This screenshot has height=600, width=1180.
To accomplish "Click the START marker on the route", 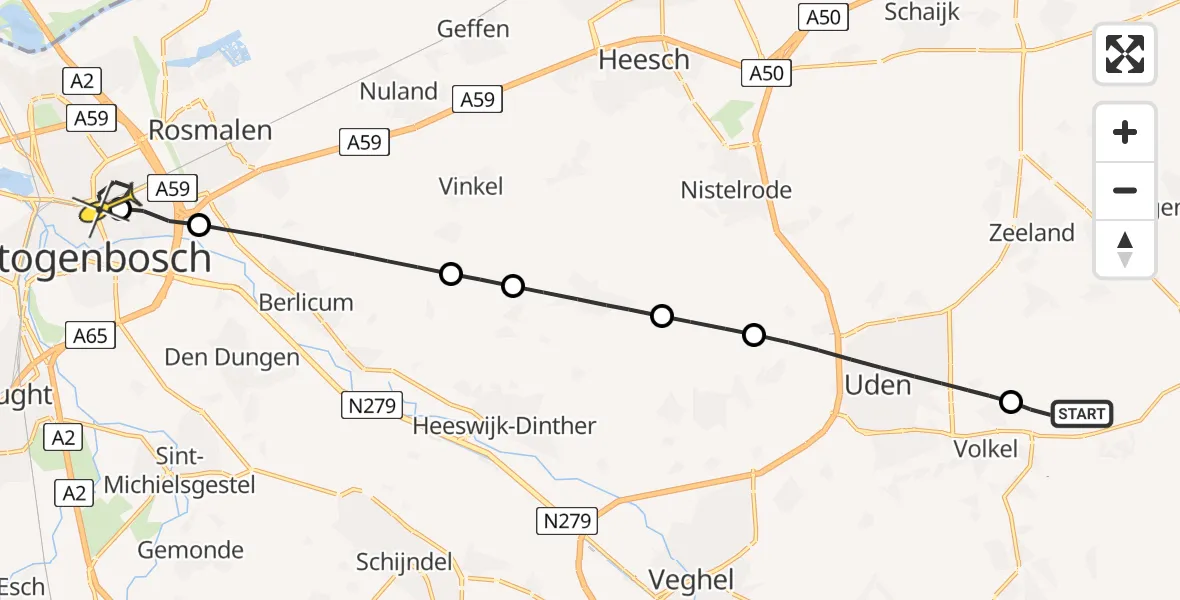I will pyautogui.click(x=1081, y=414).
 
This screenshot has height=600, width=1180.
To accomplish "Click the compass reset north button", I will pyautogui.click(x=1125, y=249).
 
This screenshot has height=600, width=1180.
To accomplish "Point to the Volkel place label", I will pyautogui.click(x=985, y=448).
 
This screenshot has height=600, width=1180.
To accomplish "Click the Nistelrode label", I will pyautogui.click(x=736, y=189).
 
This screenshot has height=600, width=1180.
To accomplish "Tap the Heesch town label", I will pyautogui.click(x=644, y=60).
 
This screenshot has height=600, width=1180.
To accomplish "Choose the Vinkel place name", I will pyautogui.click(x=471, y=186).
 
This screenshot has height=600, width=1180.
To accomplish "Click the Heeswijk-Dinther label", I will pyautogui.click(x=505, y=426).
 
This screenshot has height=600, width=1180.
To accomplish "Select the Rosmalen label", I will pyautogui.click(x=210, y=130).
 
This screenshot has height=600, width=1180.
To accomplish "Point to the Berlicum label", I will pyautogui.click(x=306, y=302).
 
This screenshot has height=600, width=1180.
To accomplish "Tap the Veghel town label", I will pyautogui.click(x=691, y=579).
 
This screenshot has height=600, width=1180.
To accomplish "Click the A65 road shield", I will pyautogui.click(x=90, y=335).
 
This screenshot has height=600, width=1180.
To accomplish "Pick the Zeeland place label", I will pyautogui.click(x=1031, y=233).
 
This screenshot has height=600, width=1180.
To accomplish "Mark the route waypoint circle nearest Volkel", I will pyautogui.click(x=1011, y=402).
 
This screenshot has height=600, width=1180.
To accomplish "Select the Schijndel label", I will pyautogui.click(x=404, y=562).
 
